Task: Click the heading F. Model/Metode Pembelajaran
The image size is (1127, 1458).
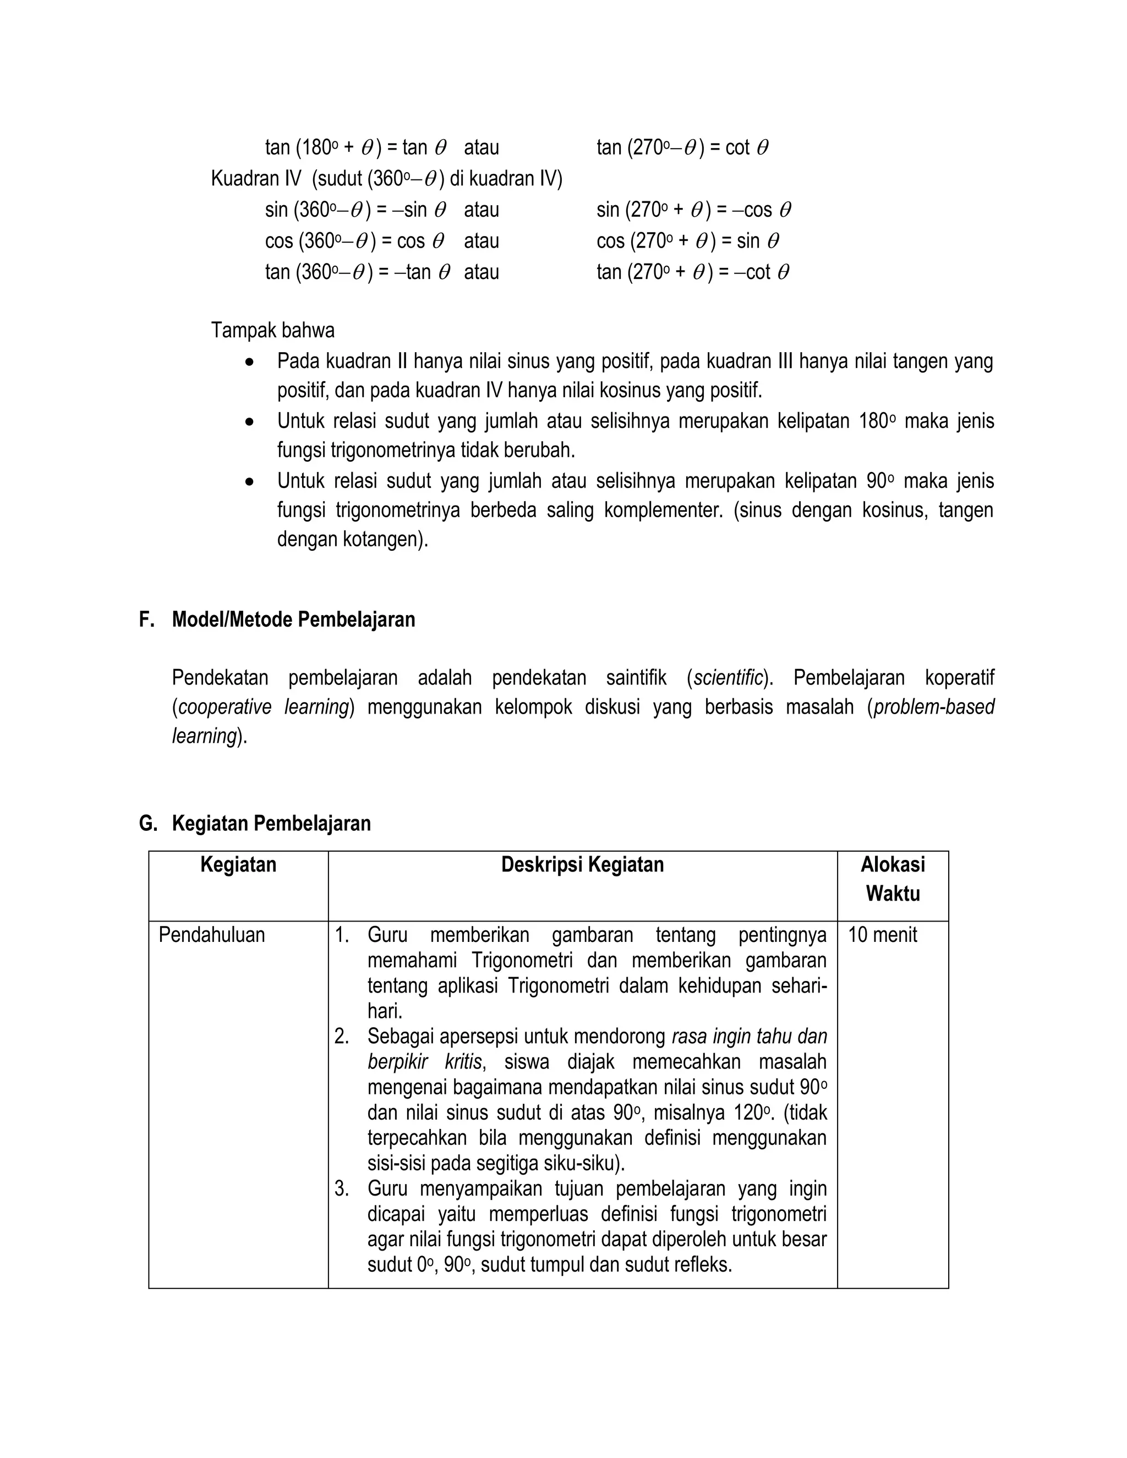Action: coord(277,620)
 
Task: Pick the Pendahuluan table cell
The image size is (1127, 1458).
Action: coord(212,935)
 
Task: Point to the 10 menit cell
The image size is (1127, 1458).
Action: coord(883,935)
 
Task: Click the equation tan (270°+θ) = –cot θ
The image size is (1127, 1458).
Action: coord(692,272)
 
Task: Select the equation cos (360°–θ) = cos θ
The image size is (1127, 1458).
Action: coord(354,241)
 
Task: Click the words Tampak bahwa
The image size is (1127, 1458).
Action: coord(273,331)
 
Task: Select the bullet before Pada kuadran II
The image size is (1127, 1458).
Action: coord(249,363)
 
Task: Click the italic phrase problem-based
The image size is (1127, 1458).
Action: coord(933,707)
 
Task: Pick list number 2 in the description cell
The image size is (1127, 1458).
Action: coord(342,1037)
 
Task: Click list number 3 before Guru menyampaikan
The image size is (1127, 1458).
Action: coord(342,1189)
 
